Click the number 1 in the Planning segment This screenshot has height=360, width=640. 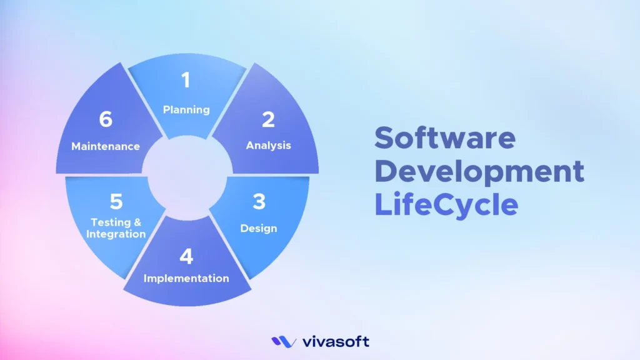click(x=185, y=80)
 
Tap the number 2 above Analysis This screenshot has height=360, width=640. click(x=268, y=119)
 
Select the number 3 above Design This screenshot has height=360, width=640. click(x=259, y=202)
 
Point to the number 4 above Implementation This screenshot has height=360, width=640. click(x=186, y=256)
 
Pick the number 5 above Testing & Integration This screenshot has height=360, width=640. click(x=116, y=201)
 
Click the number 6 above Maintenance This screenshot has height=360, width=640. click(x=106, y=119)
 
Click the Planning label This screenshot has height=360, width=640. click(x=186, y=109)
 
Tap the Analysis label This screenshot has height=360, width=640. click(x=268, y=146)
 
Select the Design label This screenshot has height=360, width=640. click(x=259, y=228)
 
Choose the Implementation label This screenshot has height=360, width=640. click(x=186, y=278)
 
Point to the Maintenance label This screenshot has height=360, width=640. click(x=105, y=146)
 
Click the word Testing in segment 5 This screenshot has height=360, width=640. click(x=107, y=222)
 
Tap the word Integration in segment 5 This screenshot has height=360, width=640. click(x=116, y=234)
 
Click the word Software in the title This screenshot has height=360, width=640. click(x=445, y=137)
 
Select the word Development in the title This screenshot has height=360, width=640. click(x=479, y=171)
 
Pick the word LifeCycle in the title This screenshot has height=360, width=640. click(x=446, y=204)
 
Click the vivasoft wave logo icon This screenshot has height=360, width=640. click(x=284, y=341)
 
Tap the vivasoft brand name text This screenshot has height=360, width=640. click(x=335, y=341)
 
